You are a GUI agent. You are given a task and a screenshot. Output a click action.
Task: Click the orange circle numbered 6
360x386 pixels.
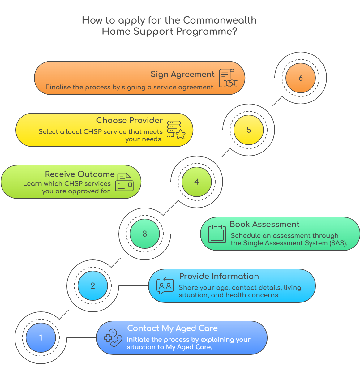pos(300,78)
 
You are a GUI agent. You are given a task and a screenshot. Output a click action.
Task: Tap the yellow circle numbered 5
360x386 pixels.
pos(248,130)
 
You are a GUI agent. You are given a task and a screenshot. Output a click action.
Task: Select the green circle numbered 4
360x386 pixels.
pos(196,182)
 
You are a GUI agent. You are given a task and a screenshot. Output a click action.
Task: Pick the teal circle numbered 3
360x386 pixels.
pos(144,234)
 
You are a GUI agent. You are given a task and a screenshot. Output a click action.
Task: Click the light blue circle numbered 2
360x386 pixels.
pos(92,286)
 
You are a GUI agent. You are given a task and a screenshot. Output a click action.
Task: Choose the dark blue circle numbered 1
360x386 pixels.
pos(41,338)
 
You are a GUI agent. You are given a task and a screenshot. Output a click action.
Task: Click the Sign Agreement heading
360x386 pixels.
pos(182,75)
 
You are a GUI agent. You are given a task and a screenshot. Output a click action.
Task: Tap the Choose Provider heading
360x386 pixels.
pos(129,120)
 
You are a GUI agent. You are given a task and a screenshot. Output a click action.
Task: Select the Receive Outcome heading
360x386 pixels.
pos(79,174)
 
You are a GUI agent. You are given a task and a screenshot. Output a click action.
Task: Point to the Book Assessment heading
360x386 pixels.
pos(264,224)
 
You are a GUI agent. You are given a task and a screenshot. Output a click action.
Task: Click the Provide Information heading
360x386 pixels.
pos(219,276)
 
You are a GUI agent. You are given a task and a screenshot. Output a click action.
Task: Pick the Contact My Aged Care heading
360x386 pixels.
pos(172,328)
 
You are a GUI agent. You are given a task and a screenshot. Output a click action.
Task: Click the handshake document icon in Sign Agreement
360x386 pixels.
pos(228,78)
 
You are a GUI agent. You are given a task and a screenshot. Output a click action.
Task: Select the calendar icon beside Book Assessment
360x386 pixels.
pos(217,234)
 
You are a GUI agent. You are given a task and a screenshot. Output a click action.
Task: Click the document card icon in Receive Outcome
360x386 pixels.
pos(124,182)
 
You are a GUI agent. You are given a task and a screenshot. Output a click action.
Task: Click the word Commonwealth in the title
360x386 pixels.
pos(220,20)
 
